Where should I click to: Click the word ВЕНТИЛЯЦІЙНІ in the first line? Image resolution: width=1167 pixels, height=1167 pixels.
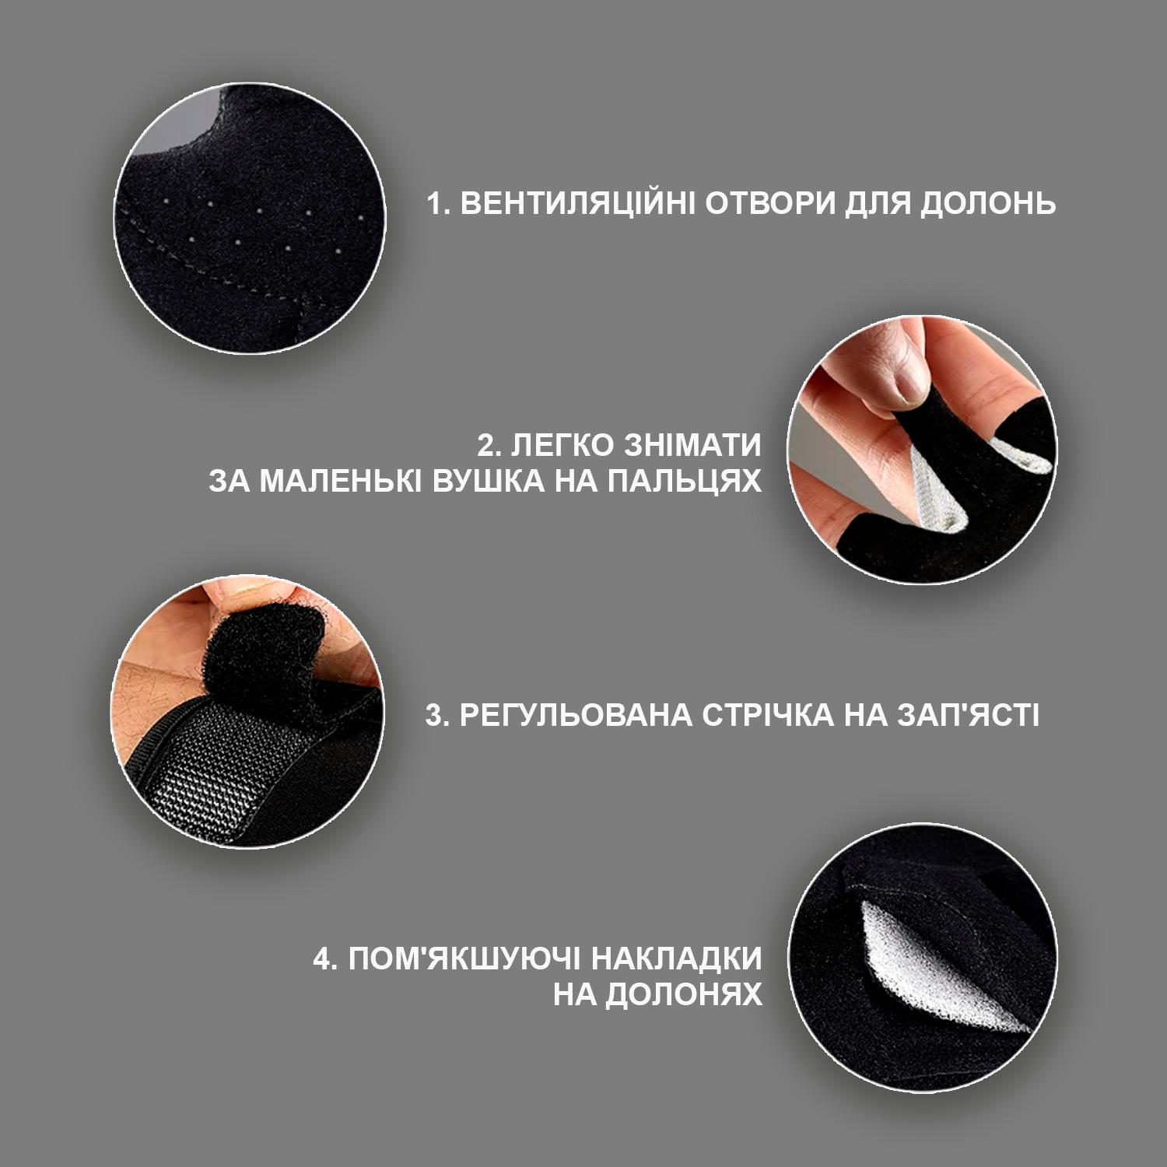click(x=577, y=204)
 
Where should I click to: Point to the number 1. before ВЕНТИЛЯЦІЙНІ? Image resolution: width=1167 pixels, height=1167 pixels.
click(x=439, y=204)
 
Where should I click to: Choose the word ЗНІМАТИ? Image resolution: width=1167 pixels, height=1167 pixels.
click(x=693, y=446)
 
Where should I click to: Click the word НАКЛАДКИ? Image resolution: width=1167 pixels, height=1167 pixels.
click(x=677, y=958)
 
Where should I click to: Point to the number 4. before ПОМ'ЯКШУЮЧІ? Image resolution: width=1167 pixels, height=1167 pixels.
click(x=325, y=958)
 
